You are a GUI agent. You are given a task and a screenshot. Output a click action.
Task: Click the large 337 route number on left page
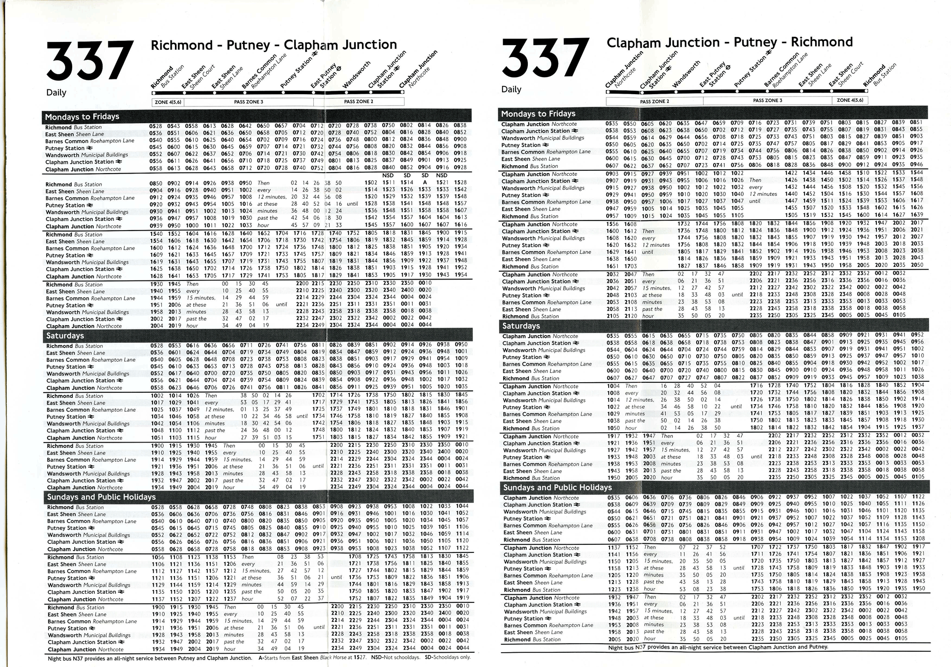[89, 62]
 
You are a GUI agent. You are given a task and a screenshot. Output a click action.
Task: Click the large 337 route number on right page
[545, 59]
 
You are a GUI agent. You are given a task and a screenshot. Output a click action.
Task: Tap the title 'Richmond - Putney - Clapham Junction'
[273, 45]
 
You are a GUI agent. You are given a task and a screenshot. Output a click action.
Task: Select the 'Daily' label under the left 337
[56, 93]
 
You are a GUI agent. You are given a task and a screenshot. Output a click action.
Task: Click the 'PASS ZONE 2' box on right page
[654, 101]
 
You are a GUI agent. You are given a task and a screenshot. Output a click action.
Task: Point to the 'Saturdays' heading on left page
[65, 336]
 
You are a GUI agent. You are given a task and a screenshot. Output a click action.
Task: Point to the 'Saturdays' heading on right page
[521, 326]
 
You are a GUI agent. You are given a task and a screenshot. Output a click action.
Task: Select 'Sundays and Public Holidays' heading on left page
[101, 497]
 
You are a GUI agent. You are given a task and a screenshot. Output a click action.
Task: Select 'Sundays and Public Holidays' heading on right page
[558, 488]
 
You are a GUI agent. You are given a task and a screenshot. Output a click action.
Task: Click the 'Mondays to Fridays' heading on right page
[538, 114]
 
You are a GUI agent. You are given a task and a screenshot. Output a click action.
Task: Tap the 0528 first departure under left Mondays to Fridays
[155, 126]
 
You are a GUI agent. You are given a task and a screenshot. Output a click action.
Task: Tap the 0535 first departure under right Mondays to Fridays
[612, 123]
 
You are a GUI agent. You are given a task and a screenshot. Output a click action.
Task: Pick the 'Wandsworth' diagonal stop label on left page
[356, 75]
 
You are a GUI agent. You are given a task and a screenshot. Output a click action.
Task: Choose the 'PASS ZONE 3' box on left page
[248, 102]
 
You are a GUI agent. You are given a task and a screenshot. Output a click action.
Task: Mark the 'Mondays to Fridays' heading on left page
[82, 117]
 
